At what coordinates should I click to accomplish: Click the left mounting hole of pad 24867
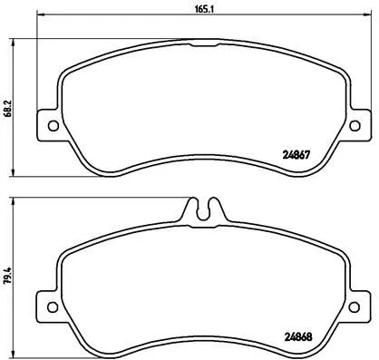tap(52, 125)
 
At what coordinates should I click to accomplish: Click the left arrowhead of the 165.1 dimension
tap(39, 19)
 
